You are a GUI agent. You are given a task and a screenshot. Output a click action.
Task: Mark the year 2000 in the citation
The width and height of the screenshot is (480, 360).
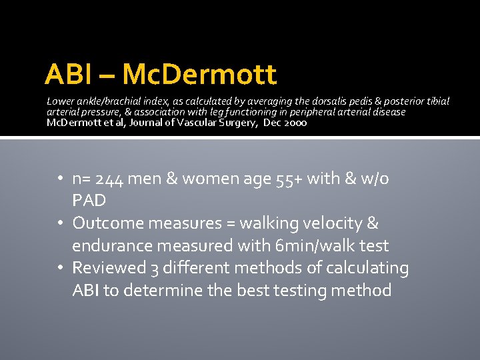[294, 123]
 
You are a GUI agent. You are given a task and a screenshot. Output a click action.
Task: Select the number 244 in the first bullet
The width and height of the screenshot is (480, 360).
[109, 179]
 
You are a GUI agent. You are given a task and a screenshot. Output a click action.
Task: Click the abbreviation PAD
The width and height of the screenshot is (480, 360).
[89, 200]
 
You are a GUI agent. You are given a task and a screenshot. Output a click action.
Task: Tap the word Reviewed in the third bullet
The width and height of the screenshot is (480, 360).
[109, 268]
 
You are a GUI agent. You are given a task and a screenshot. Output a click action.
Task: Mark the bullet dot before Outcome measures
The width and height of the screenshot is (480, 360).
[61, 223]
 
